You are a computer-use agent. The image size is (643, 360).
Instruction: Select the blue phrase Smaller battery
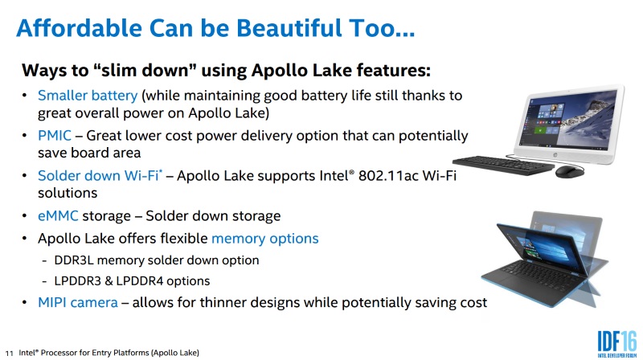pos(88,96)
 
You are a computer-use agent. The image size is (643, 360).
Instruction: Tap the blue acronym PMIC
pos(55,135)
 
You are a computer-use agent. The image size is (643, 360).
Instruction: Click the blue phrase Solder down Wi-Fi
pos(98,175)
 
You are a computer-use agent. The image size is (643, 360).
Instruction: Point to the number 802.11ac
pos(388,175)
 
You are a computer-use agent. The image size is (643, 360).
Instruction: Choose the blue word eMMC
pos(58,215)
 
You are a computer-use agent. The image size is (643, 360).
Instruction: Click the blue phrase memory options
pos(265,239)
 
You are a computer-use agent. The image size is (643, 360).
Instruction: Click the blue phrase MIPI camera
pos(78,303)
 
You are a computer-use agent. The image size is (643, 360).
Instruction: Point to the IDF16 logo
pos(617,344)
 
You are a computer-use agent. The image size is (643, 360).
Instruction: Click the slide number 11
pos(9,353)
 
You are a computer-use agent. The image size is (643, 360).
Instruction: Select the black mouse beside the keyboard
pos(570,171)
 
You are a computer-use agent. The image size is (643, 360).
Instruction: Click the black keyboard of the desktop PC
pos(504,166)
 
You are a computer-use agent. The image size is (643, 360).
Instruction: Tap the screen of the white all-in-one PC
pos(568,118)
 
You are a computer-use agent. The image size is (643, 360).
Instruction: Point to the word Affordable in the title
pos(79,28)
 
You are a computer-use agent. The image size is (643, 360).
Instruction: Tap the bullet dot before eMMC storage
pos(25,215)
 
